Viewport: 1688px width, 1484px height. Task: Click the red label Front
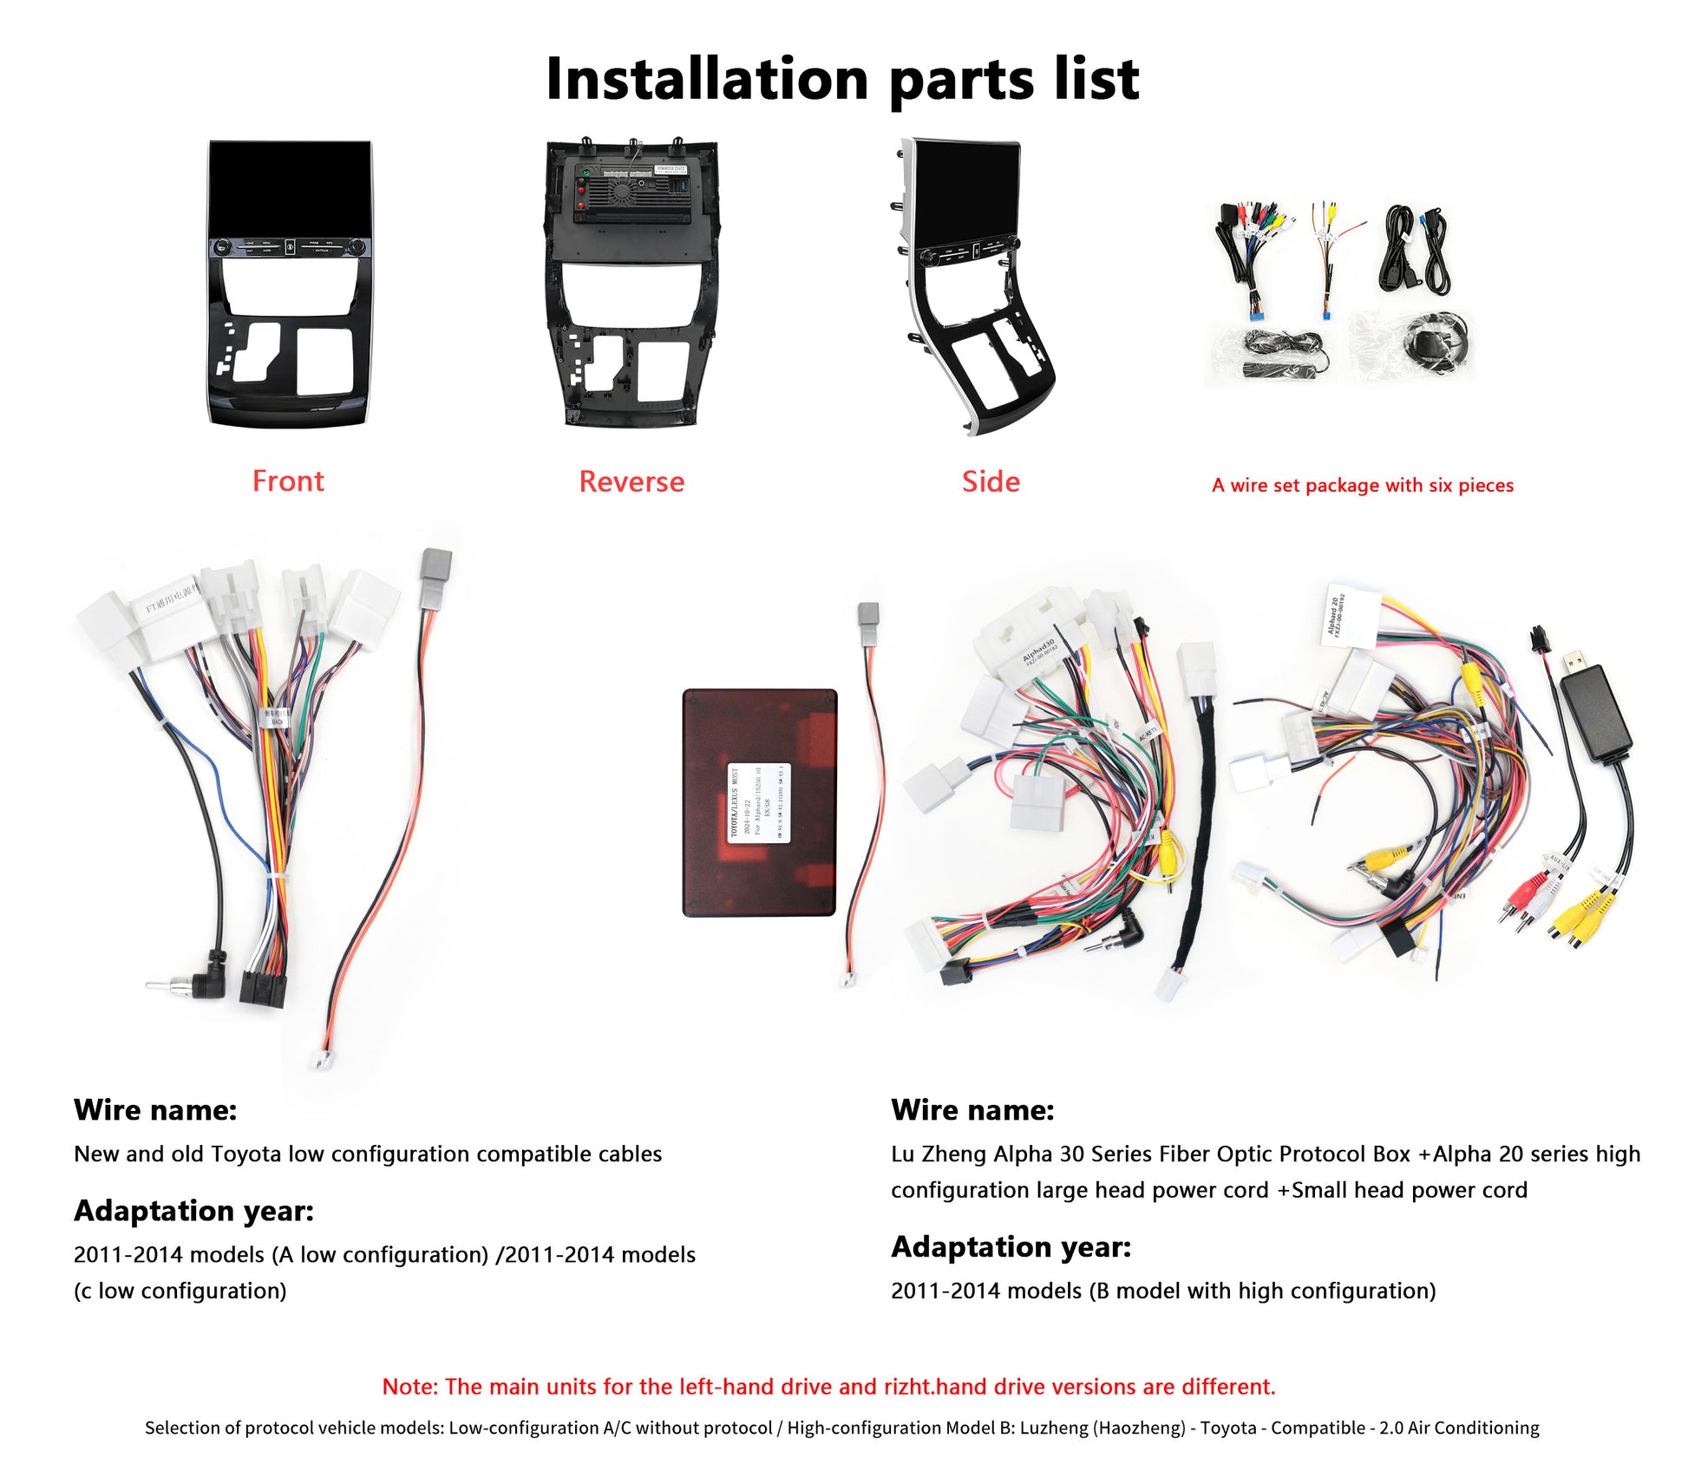click(x=288, y=481)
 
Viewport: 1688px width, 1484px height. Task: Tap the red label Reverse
click(x=631, y=481)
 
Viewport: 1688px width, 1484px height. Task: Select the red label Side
click(x=991, y=481)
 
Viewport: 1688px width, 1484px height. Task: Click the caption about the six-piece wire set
click(x=1362, y=485)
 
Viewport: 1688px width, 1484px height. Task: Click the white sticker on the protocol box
click(x=759, y=802)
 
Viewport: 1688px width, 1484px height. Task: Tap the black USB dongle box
click(x=1595, y=713)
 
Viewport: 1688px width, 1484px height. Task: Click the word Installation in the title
click(x=707, y=80)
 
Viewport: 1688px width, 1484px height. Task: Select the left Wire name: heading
click(x=155, y=1109)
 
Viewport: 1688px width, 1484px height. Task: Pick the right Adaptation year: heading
click(x=1011, y=1246)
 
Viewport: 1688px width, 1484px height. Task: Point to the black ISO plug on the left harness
click(x=263, y=989)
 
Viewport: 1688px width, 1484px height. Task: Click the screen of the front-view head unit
click(x=289, y=186)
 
